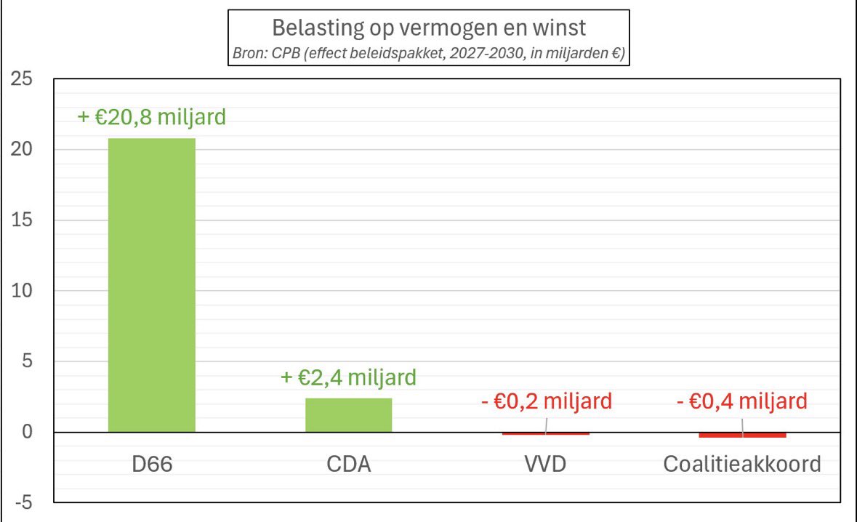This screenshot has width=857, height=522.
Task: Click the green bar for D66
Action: click(151, 285)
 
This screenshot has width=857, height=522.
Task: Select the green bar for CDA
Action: click(348, 415)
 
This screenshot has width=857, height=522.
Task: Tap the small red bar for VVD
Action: click(545, 433)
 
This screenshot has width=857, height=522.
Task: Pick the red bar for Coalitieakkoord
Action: click(742, 435)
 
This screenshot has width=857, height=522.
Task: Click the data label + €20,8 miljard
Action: click(152, 116)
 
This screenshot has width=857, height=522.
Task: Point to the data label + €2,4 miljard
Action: click(348, 377)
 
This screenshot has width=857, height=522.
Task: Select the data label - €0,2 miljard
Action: click(546, 401)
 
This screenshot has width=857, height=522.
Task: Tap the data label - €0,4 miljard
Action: click(742, 401)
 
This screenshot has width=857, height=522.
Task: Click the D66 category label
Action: click(151, 464)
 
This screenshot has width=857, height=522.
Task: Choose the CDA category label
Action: click(348, 464)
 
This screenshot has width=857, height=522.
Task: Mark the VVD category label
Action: click(545, 464)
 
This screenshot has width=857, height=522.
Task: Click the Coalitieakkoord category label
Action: click(742, 464)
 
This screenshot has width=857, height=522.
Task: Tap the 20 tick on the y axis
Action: click(21, 150)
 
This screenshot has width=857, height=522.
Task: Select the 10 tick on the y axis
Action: click(21, 291)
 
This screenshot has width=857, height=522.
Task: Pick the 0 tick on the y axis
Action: click(26, 433)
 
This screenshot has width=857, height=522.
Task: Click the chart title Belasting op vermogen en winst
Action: click(428, 28)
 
